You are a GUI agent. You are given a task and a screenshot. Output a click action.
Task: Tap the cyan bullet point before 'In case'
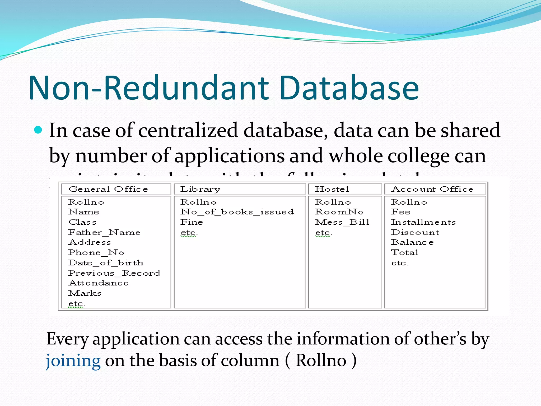tap(38, 130)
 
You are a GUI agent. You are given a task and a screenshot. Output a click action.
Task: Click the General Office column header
tap(108, 189)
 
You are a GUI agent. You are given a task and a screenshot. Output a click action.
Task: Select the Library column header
tap(200, 189)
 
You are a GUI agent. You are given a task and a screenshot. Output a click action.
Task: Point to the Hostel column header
tap(332, 189)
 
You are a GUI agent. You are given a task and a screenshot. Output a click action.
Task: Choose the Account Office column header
tap(432, 189)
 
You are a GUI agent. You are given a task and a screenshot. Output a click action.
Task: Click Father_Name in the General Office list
tap(104, 232)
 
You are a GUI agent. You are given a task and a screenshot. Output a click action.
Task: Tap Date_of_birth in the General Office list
tap(106, 263)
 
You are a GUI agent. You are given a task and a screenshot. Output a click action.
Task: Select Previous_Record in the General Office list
tap(114, 273)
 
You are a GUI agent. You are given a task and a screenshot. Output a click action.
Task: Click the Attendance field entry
tap(99, 283)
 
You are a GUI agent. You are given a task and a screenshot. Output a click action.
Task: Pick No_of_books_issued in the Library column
tap(237, 212)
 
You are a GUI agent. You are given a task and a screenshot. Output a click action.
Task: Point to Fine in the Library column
tap(192, 222)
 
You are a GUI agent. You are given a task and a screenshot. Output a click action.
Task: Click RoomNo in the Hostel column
tap(339, 212)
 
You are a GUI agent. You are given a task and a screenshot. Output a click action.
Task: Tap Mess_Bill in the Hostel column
tap(342, 222)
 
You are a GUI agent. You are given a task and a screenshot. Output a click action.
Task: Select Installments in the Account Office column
tap(423, 222)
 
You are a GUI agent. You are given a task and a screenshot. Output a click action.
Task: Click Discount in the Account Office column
tap(415, 232)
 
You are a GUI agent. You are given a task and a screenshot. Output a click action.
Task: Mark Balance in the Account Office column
tap(412, 242)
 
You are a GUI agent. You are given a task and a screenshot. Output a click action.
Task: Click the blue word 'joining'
tap(73, 361)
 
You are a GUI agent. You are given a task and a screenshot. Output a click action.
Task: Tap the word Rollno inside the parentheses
tap(321, 360)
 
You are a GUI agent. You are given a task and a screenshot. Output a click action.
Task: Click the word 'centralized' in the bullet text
tap(188, 130)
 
